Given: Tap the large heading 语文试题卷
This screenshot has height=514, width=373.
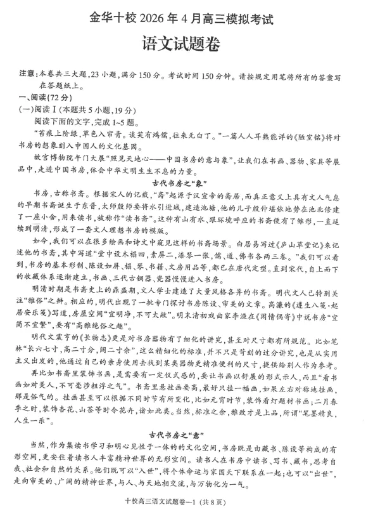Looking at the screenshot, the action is pyautogui.click(x=186, y=47).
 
